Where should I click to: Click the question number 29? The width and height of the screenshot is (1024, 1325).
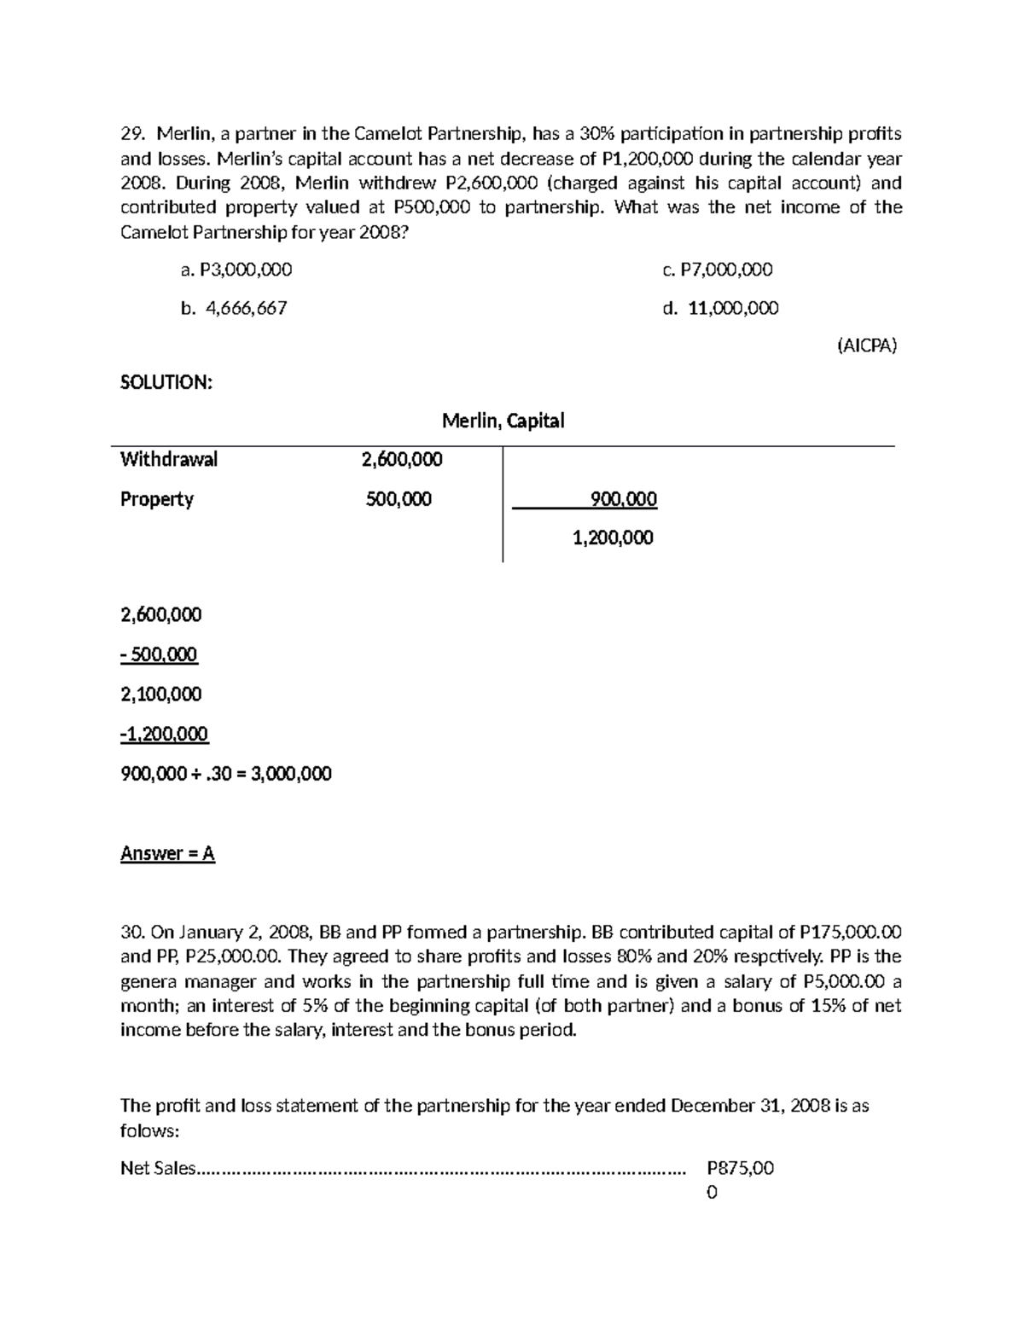pyautogui.click(x=131, y=133)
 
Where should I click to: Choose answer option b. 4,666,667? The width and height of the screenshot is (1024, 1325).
pyautogui.click(x=234, y=308)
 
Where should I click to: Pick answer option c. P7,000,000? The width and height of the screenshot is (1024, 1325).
pyautogui.click(x=717, y=270)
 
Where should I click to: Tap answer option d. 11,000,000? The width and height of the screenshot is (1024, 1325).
pyautogui.click(x=720, y=308)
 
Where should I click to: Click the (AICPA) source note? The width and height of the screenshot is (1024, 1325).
pyautogui.click(x=866, y=346)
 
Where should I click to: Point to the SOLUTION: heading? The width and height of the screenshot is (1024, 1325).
pyautogui.click(x=166, y=382)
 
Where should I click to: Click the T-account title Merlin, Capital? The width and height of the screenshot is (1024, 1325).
pyautogui.click(x=503, y=421)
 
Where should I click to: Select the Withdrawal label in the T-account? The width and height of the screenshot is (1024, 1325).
pyautogui.click(x=169, y=459)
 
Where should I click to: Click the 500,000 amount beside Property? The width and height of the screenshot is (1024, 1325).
pyautogui.click(x=399, y=499)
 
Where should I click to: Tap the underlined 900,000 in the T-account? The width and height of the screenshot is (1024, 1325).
pyautogui.click(x=623, y=499)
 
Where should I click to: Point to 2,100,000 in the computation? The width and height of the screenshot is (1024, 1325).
pyautogui.click(x=161, y=694)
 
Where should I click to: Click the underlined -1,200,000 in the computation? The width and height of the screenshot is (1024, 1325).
pyautogui.click(x=164, y=734)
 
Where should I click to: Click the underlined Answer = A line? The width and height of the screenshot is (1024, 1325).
pyautogui.click(x=167, y=853)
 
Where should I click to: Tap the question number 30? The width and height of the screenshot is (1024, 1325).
pyautogui.click(x=132, y=932)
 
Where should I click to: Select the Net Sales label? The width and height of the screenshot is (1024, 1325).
pyautogui.click(x=158, y=1168)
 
